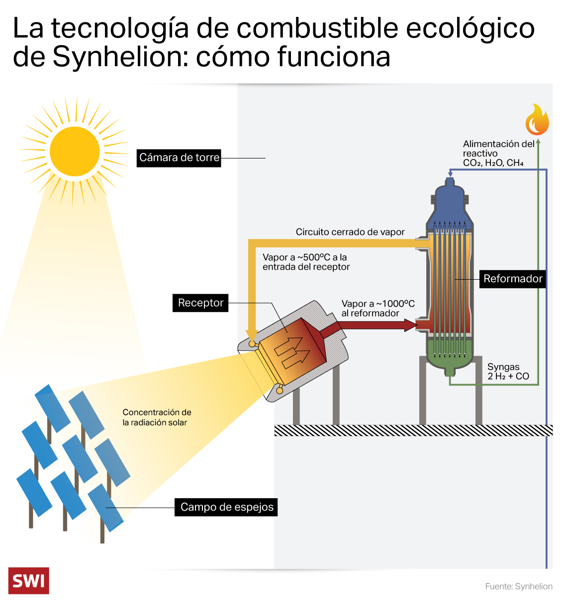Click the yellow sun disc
tap(75, 151)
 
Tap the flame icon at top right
tap(537, 121)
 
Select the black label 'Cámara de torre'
tap(179, 158)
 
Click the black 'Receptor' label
tap(200, 303)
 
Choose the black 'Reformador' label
tap(512, 279)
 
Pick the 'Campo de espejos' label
tap(226, 507)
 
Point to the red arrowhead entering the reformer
tap(411, 325)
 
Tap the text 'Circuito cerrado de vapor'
tap(350, 232)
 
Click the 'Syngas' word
tap(503, 367)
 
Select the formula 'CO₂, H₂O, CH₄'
tap(493, 163)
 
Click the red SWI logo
tap(29, 580)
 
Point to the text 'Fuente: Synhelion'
tap(519, 587)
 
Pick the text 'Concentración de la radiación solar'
tap(157, 417)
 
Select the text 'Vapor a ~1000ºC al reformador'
tap(377, 308)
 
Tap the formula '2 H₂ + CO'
tap(508, 377)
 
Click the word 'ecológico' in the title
tap(471, 28)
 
